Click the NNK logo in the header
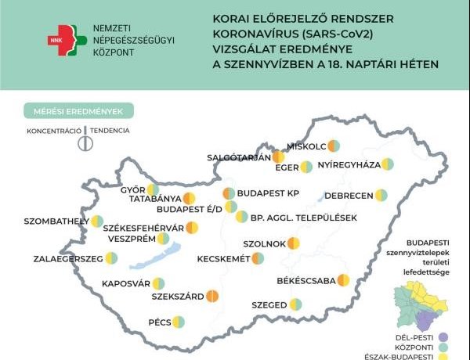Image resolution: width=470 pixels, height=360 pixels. (63, 37)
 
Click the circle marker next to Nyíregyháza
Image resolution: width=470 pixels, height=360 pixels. (387, 164)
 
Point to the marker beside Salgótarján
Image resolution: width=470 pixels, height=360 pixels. (278, 157)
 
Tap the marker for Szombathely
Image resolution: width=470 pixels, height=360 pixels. (96, 221)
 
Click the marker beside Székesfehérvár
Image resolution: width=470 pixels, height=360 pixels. (192, 228)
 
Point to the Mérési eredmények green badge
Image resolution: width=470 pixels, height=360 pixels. (78, 111)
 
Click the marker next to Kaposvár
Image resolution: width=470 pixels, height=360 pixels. (158, 283)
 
